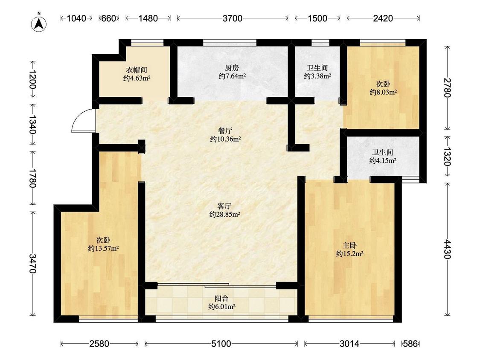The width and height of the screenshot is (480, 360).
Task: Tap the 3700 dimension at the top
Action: tap(233, 18)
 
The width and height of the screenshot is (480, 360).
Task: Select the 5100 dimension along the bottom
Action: tap(221, 344)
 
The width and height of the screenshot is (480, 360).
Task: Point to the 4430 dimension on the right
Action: tap(447, 249)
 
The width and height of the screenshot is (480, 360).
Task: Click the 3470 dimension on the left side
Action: tap(32, 263)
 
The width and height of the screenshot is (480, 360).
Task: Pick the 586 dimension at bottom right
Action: tap(410, 344)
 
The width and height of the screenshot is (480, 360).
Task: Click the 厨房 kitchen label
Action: tap(232, 68)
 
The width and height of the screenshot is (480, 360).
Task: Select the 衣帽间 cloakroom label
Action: tap(137, 70)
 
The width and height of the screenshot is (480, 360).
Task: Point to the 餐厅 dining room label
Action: tap(225, 131)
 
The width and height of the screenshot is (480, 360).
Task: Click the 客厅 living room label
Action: tap(224, 206)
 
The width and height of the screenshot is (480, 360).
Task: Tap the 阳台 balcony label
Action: tap(221, 298)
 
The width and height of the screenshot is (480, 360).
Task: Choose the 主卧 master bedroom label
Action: tap(349, 245)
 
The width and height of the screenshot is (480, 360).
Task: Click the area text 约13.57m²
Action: tap(103, 248)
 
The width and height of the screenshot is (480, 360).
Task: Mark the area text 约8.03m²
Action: tap(383, 92)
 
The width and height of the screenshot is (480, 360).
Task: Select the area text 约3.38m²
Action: tap(317, 76)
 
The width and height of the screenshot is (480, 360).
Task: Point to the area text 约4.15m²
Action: tap(383, 160)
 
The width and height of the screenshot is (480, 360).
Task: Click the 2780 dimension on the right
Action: tap(447, 87)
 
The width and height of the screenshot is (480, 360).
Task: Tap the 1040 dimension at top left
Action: tap(76, 18)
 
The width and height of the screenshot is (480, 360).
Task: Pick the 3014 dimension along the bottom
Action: tap(349, 344)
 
